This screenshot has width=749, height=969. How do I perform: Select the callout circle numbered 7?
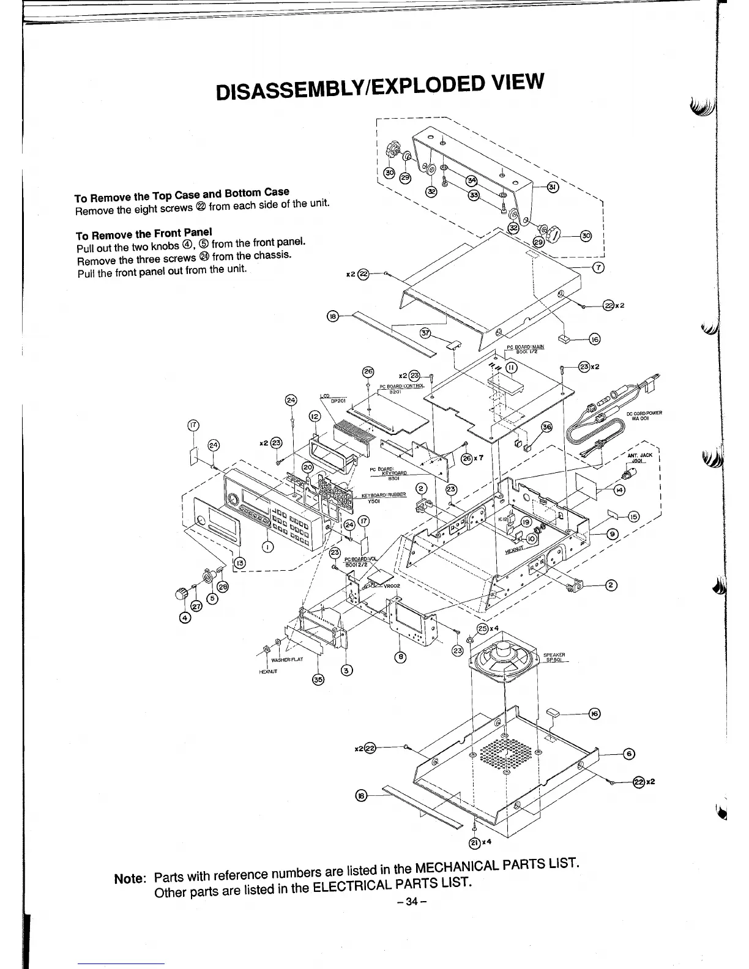[x=599, y=266]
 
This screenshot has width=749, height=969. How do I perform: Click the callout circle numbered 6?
[x=628, y=754]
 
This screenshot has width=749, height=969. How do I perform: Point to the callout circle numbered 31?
[x=553, y=187]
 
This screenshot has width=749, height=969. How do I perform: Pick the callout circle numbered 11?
[x=512, y=367]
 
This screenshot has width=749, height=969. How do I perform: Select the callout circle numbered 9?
[x=613, y=534]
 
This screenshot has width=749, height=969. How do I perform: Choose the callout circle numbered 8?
[x=401, y=658]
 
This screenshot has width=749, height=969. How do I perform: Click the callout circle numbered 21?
[x=474, y=842]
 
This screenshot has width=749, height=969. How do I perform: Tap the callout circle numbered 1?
[x=267, y=547]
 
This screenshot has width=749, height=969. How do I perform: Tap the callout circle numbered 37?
[x=426, y=333]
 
